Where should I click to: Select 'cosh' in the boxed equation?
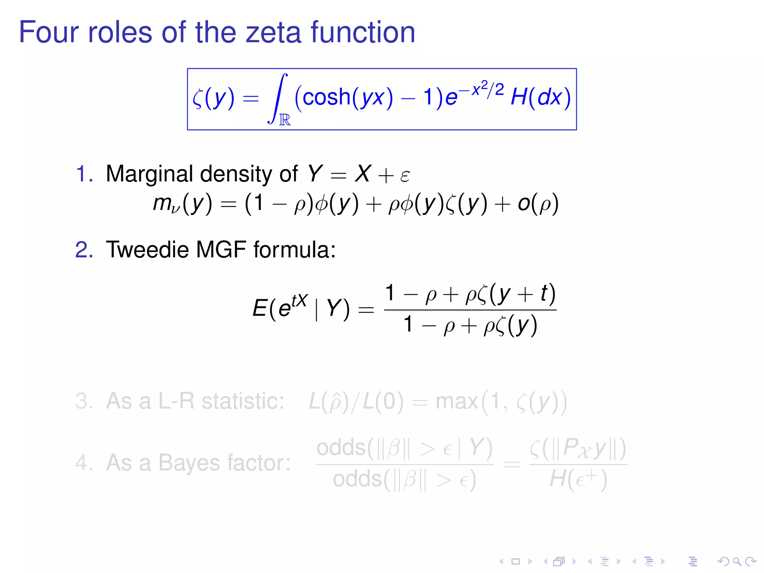(x=326, y=97)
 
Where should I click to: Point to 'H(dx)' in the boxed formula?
(x=540, y=97)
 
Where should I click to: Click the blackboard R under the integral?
(x=285, y=120)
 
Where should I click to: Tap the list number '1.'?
(x=84, y=174)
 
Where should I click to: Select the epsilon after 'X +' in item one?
(x=405, y=175)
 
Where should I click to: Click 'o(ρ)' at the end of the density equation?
(x=538, y=204)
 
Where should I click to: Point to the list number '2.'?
(x=84, y=250)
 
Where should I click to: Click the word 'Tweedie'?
(x=147, y=250)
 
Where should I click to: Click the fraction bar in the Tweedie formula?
(x=470, y=310)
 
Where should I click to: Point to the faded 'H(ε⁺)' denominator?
(x=578, y=479)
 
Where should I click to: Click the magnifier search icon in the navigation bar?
(x=737, y=561)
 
